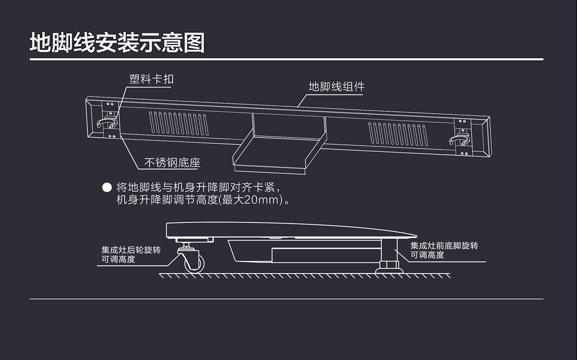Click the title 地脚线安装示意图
click(117, 43)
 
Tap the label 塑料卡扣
click(151, 79)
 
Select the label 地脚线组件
click(336, 87)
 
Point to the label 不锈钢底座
click(172, 163)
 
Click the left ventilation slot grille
click(178, 124)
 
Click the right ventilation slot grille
click(398, 134)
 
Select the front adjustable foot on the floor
click(389, 265)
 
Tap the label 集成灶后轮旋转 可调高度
click(130, 255)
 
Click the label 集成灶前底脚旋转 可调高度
click(444, 250)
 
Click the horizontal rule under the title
click(287, 60)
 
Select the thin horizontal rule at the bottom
click(287, 299)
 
